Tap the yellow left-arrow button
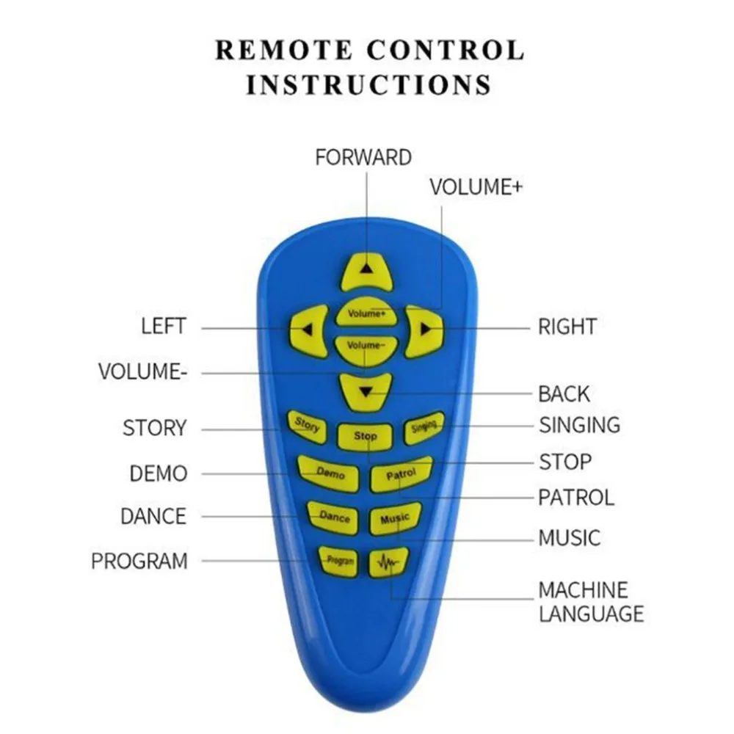click(x=309, y=330)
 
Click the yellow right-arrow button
click(x=424, y=330)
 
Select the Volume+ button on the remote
click(x=366, y=313)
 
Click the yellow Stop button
click(x=366, y=436)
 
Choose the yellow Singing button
click(x=424, y=428)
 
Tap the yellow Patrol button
click(x=401, y=474)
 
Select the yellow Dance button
click(x=334, y=517)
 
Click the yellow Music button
click(x=395, y=519)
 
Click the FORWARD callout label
click(x=363, y=157)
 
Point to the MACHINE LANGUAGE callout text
click(x=591, y=601)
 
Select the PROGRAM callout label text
click(x=139, y=562)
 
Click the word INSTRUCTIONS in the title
click(x=368, y=84)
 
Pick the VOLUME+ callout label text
click(x=476, y=187)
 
